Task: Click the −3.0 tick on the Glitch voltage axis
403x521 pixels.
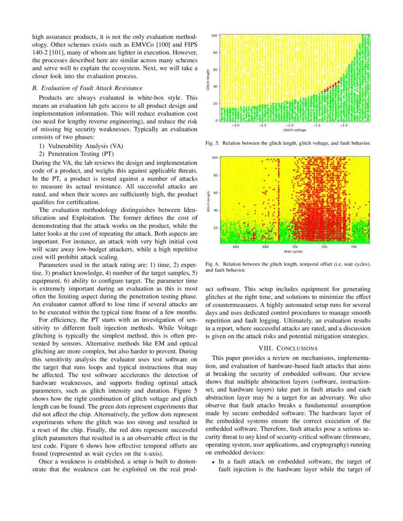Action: pyautogui.click(x=235, y=125)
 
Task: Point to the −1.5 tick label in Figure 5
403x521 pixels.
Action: pyautogui.click(x=316, y=125)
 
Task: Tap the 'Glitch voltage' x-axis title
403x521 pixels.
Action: pyautogui.click(x=294, y=130)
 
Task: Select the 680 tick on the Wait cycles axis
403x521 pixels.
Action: pyautogui.click(x=266, y=247)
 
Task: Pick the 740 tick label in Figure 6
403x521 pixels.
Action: pyautogui.click(x=354, y=247)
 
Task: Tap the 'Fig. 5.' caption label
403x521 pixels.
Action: pyautogui.click(x=212, y=142)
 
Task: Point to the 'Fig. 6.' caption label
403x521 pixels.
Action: pyautogui.click(x=212, y=264)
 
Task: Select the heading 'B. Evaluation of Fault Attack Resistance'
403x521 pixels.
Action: pyautogui.click(x=87, y=88)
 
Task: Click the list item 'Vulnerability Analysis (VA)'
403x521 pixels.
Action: pyautogui.click(x=79, y=146)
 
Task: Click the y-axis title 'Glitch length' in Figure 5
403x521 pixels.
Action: pyautogui.click(x=208, y=79)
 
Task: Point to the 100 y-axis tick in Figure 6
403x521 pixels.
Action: pyautogui.click(x=214, y=158)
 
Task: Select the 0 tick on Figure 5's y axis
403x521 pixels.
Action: pyautogui.click(x=216, y=120)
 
